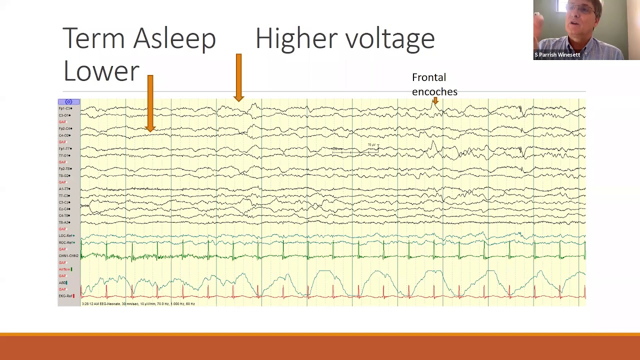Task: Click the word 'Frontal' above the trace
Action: click(428, 77)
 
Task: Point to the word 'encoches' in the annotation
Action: click(434, 92)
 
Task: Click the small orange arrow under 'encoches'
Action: click(435, 101)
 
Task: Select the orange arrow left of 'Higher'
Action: click(238, 77)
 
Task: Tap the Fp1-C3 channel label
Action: click(65, 108)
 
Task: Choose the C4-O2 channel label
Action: click(65, 135)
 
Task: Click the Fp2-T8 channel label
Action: click(65, 169)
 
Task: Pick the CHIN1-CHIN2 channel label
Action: click(68, 256)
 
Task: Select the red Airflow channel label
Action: click(65, 269)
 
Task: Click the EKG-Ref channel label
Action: click(66, 296)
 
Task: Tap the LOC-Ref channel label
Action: click(66, 235)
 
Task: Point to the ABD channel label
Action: click(62, 282)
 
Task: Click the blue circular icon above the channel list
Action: click(68, 102)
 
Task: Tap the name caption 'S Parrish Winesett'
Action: click(557, 55)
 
